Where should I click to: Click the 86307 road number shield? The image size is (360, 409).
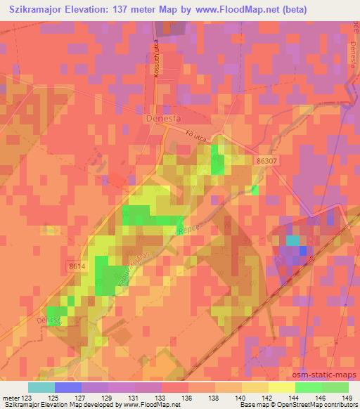(268, 161)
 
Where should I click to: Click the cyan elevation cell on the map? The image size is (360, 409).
(291, 240)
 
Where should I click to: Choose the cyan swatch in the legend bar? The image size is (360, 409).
(41, 387)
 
